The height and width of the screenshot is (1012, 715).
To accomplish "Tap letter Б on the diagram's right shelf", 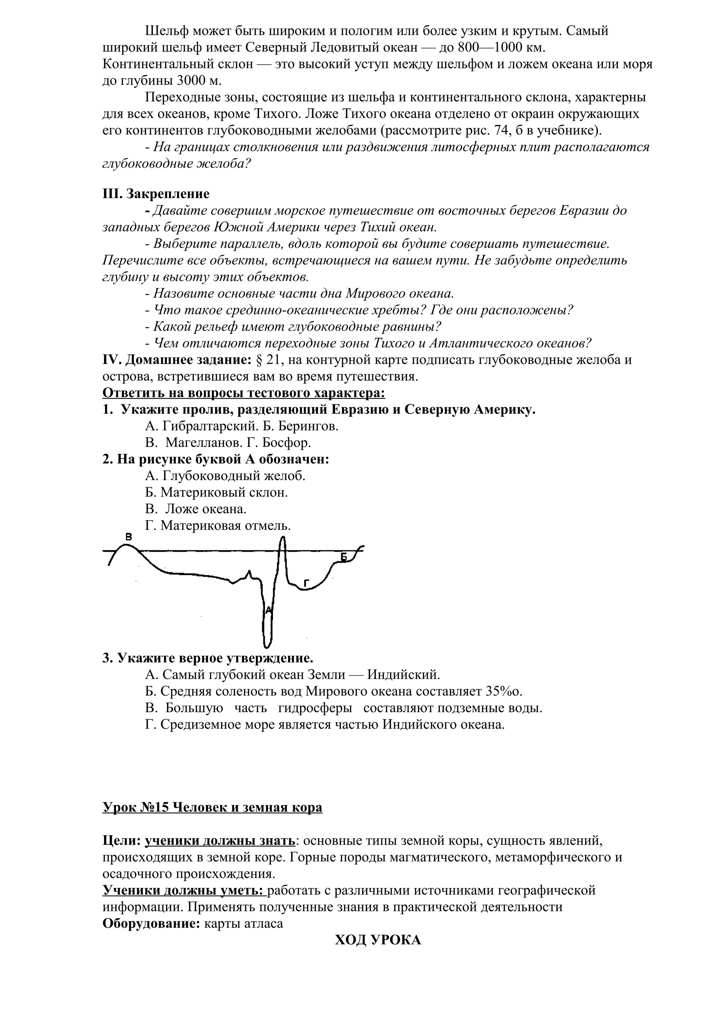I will [345, 558].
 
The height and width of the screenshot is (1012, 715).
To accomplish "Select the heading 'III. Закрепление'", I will [156, 193].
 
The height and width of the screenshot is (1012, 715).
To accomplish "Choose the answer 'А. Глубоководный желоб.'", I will [225, 476].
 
